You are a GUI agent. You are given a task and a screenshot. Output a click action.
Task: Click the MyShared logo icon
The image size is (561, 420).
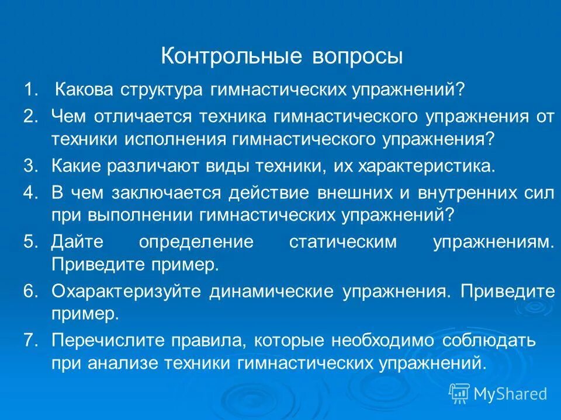tap(459, 393)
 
